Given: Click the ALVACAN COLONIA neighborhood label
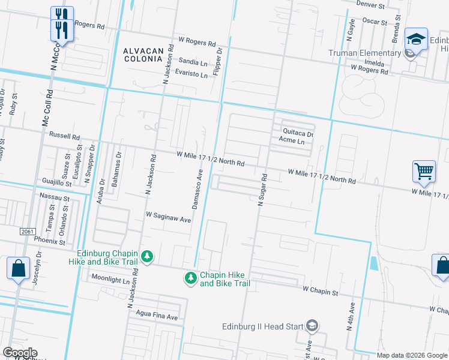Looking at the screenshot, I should [x=143, y=56].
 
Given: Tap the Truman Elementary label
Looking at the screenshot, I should [x=364, y=53].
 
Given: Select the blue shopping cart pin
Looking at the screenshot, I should [x=424, y=172].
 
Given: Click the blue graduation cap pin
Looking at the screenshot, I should [x=415, y=40].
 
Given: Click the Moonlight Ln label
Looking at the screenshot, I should [x=110, y=279].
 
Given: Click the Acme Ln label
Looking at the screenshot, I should [x=292, y=142].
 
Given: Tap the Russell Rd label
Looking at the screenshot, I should [x=64, y=136].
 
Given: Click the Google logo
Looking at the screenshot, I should [x=20, y=353].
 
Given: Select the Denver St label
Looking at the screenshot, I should [x=370, y=5].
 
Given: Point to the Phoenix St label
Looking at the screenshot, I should [x=49, y=242].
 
